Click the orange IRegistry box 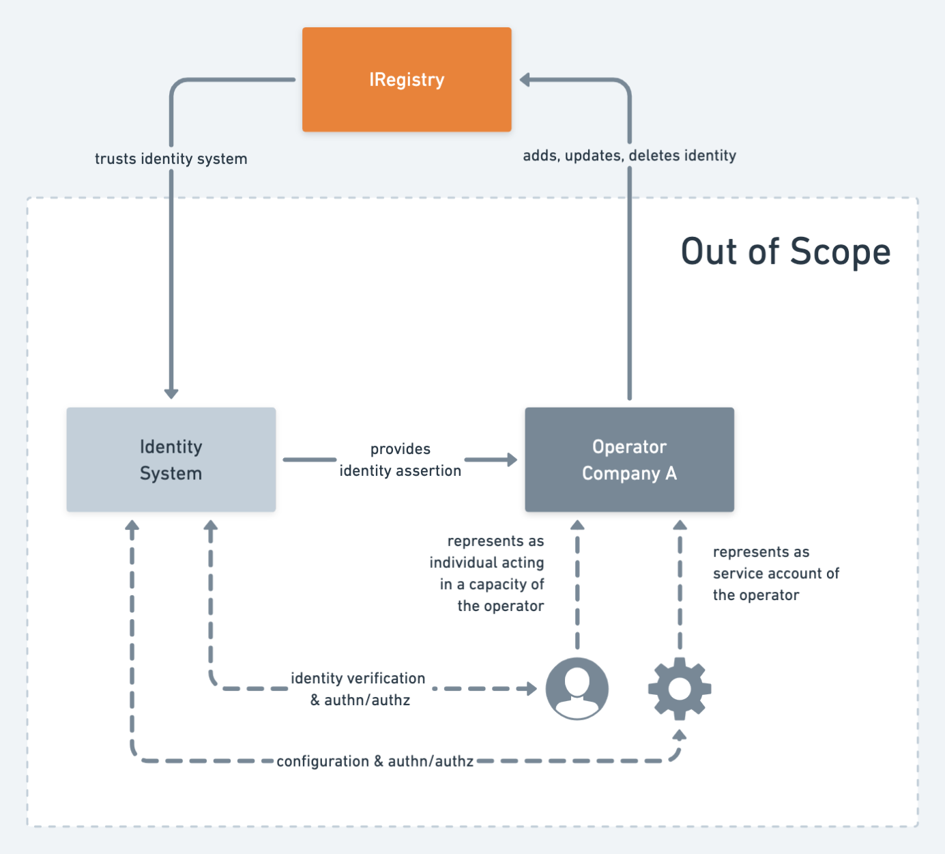(407, 79)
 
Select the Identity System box (171, 459)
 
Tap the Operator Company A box (629, 459)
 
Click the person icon (577, 688)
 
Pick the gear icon (680, 688)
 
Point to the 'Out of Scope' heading (785, 251)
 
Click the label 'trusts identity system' (171, 158)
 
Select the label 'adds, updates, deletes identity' (629, 156)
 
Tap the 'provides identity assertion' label (401, 459)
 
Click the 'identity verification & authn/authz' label (358, 688)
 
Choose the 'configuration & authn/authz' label (375, 761)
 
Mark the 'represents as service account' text (776, 573)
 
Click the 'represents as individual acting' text (487, 573)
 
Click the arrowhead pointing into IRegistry (525, 80)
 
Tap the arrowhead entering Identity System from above (171, 393)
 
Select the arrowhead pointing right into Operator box (512, 459)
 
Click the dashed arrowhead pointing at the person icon (532, 688)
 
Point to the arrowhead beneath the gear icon (680, 735)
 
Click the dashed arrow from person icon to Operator (577, 587)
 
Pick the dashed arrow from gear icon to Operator (680, 587)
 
